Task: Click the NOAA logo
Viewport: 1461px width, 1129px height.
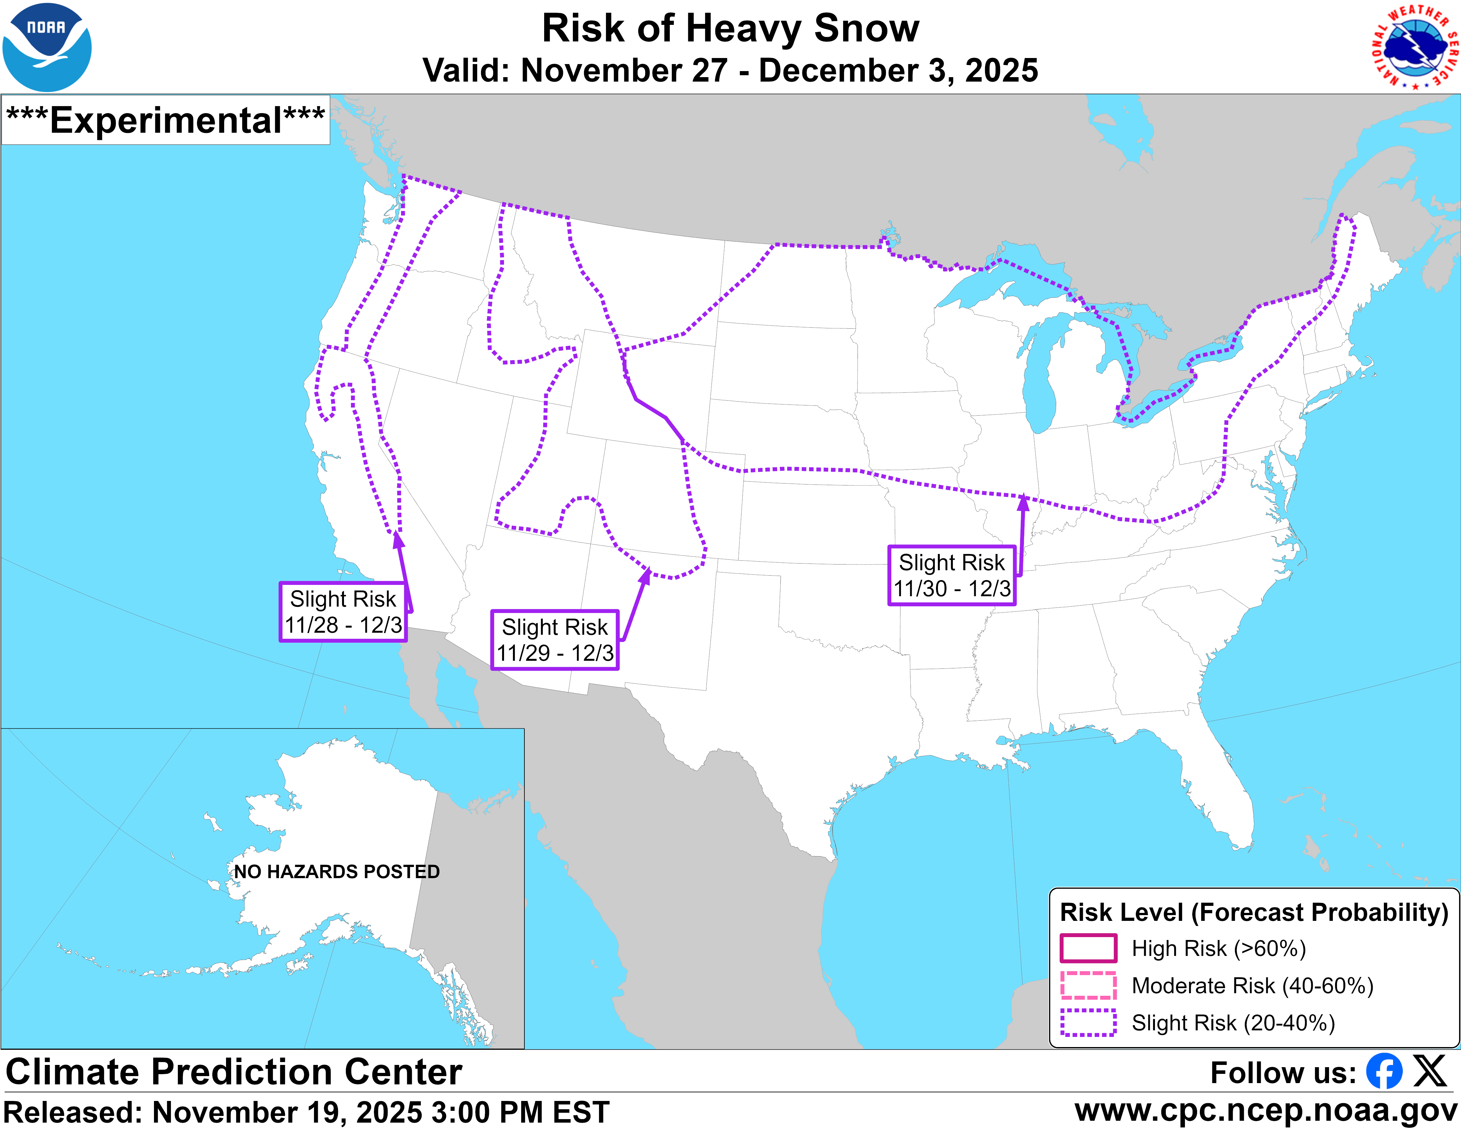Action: coord(47,47)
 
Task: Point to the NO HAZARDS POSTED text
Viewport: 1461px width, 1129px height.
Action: coord(337,871)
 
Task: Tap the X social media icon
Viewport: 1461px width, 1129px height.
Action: coord(1429,1072)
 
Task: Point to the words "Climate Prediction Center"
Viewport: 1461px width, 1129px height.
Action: coord(234,1072)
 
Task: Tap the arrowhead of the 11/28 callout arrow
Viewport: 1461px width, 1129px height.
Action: coord(398,539)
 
